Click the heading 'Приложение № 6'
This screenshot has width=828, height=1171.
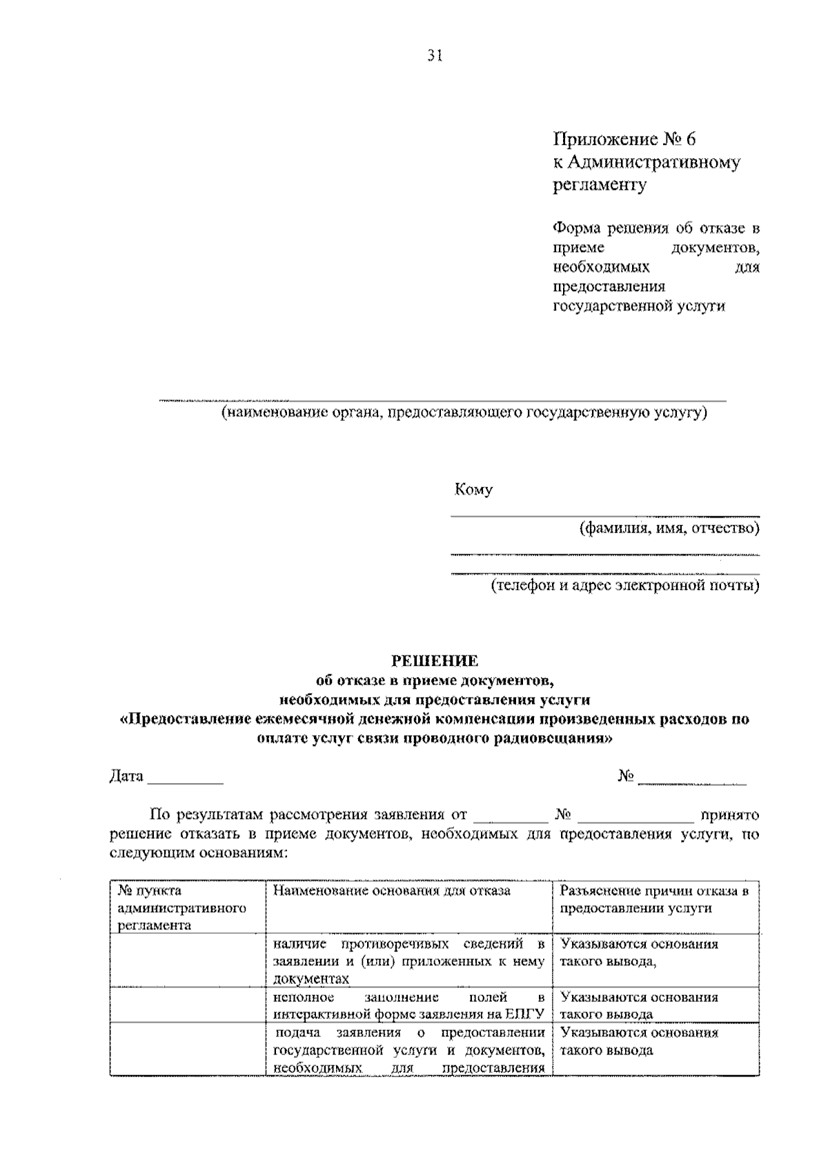[x=625, y=139]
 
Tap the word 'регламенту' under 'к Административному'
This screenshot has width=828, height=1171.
[x=600, y=185]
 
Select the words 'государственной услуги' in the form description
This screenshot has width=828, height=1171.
[x=639, y=306]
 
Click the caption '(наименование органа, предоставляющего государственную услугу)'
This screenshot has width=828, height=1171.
[x=464, y=413]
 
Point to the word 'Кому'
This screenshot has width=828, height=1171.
[x=473, y=490]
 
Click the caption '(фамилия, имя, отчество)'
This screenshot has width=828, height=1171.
[x=669, y=529]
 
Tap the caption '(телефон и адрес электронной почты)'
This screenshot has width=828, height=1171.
[x=625, y=586]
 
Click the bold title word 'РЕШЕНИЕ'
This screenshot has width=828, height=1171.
[x=435, y=661]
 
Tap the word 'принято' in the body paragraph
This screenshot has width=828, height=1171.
[x=729, y=815]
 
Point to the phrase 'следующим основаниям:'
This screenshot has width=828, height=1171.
[x=198, y=853]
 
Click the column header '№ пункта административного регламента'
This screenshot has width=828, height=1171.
[x=182, y=907]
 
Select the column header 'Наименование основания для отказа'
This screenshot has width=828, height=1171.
[x=392, y=891]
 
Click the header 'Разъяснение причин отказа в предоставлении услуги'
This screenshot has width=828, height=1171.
[x=654, y=899]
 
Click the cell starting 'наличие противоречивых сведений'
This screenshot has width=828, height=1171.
[x=409, y=961]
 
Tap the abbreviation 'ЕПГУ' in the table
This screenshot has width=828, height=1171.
[x=525, y=1014]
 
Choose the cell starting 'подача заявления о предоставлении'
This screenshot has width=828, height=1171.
[x=409, y=1050]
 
